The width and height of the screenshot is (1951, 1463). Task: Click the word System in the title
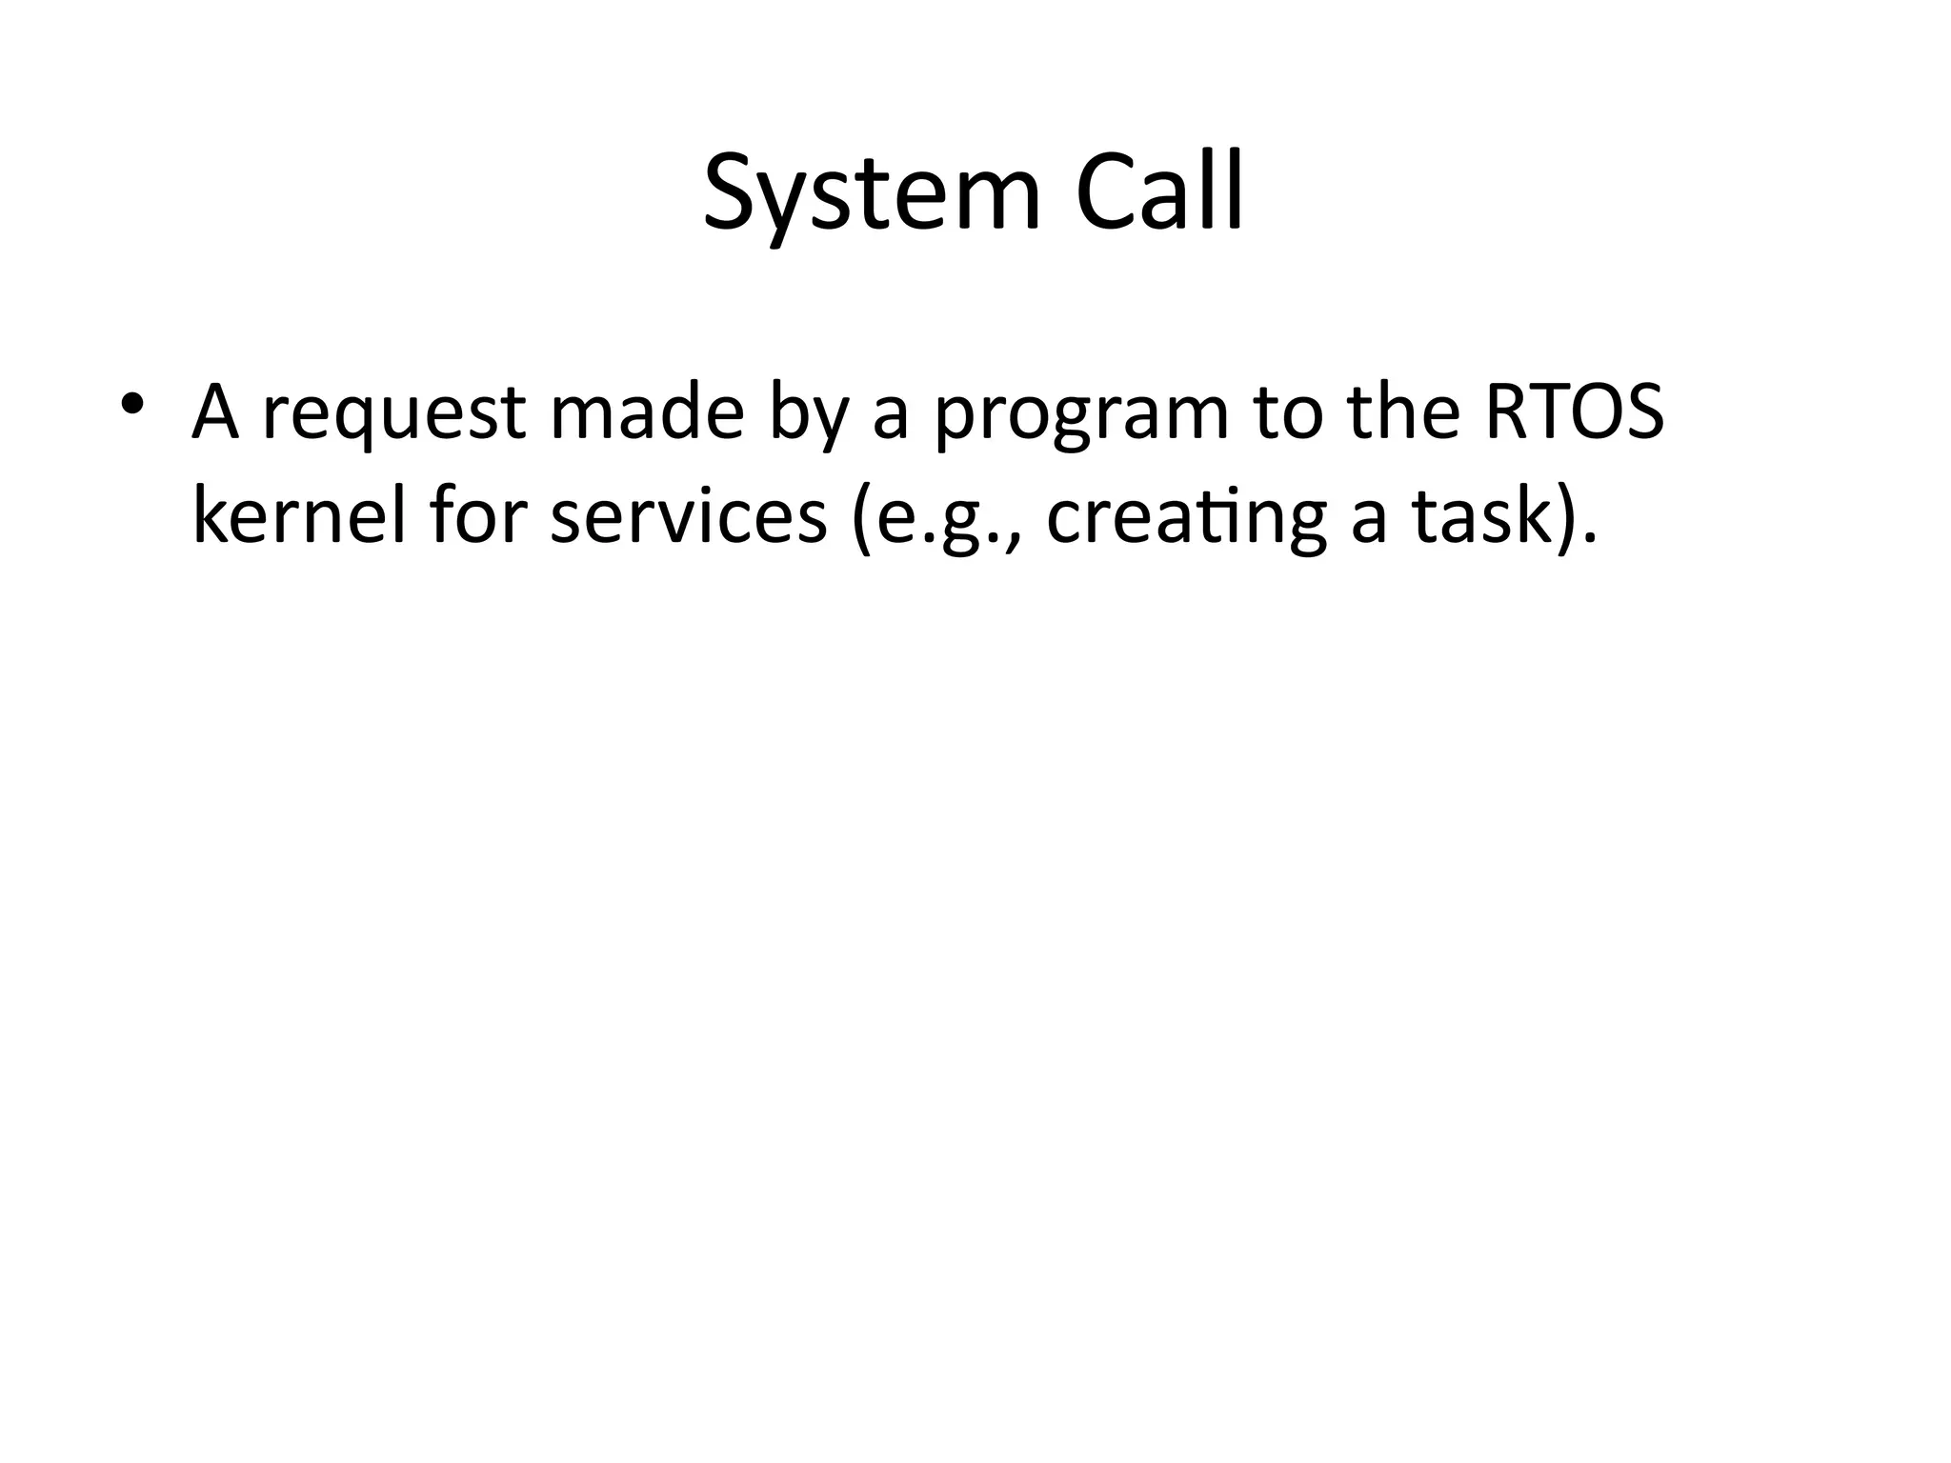[x=872, y=195]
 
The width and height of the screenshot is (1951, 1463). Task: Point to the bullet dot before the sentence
[x=131, y=404]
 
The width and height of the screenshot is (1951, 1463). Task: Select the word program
[x=1081, y=419]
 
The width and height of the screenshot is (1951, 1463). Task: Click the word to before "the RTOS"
[x=1287, y=413]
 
